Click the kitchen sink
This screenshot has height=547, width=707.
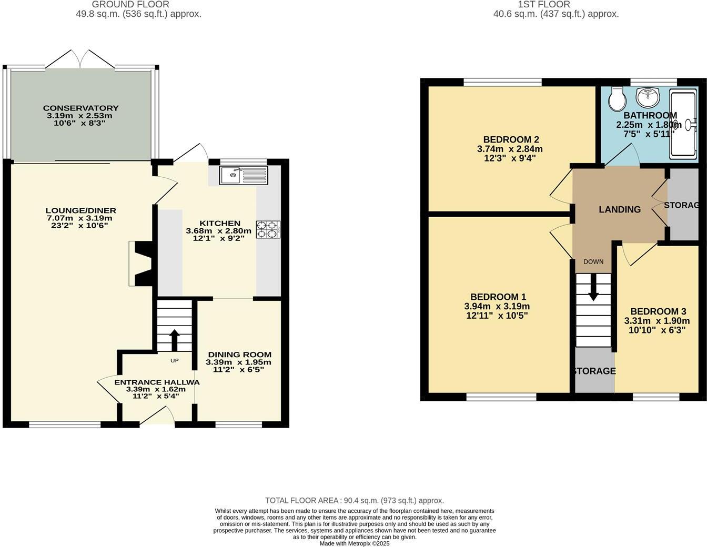[244, 175]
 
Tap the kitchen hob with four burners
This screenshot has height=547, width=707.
[268, 229]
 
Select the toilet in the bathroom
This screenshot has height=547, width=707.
[616, 98]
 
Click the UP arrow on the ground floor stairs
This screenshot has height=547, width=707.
[174, 339]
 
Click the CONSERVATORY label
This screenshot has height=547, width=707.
[80, 108]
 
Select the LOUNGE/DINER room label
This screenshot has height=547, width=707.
[80, 211]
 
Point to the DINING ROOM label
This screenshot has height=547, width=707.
[239, 354]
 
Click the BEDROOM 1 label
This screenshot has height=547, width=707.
[498, 297]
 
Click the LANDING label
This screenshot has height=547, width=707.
[620, 209]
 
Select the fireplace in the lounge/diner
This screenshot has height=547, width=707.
[141, 264]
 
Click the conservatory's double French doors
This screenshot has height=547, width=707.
[80, 59]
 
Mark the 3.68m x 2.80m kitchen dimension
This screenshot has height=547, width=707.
[219, 231]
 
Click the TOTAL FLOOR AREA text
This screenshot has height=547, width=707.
[354, 501]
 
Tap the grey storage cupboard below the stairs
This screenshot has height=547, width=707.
[594, 371]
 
